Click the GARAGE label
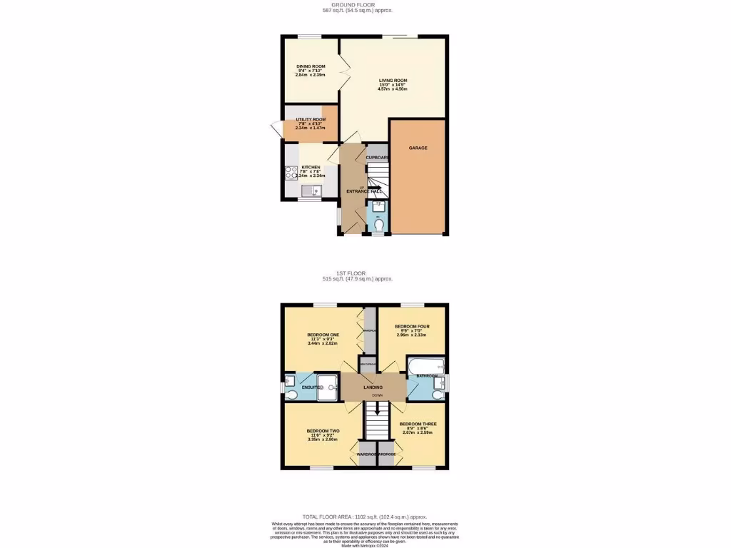click(x=418, y=148)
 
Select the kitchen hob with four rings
click(x=291, y=172)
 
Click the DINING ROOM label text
click(x=311, y=66)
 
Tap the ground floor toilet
click(x=378, y=223)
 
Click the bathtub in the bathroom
click(x=426, y=367)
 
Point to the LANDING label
click(x=373, y=387)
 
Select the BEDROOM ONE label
click(x=323, y=335)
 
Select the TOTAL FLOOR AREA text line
click(x=365, y=517)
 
